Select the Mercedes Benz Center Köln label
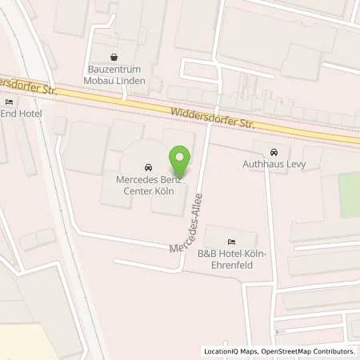click(x=147, y=184)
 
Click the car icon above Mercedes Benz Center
click(x=147, y=168)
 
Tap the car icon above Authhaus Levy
click(x=274, y=152)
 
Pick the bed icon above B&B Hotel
click(x=231, y=242)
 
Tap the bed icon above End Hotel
click(x=9, y=102)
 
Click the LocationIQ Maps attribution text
click(x=230, y=351)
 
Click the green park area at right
click(x=349, y=195)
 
